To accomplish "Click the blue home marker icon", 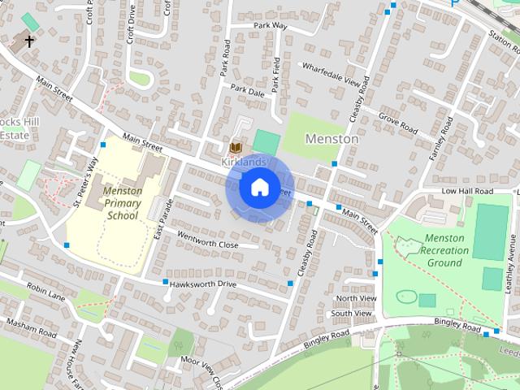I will [258, 188].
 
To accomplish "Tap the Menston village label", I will [331, 139].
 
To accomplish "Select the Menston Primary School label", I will [123, 203].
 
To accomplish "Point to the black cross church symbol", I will [29, 40].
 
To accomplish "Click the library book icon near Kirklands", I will [236, 147].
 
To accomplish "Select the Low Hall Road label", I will [467, 191].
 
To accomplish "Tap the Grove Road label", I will [397, 125].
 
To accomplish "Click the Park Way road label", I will [270, 26].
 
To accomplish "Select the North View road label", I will [356, 299].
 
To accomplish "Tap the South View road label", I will [353, 313].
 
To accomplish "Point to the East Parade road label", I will [158, 218].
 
